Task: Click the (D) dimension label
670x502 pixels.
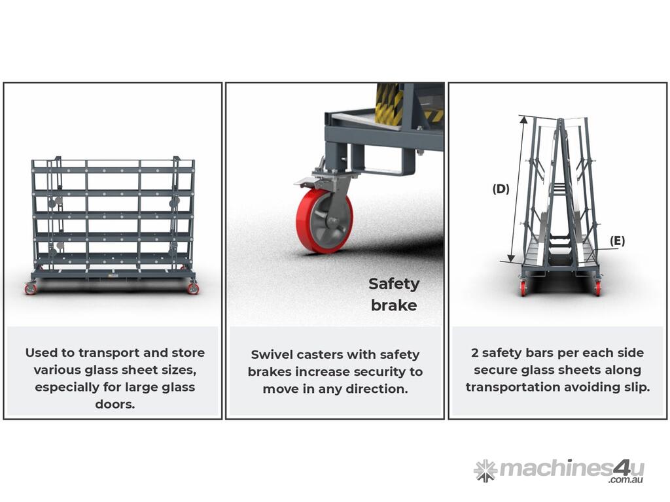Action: (501, 189)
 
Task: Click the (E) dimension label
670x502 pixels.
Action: (617, 241)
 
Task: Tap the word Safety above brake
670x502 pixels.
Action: (394, 284)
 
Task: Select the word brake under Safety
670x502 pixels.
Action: (394, 305)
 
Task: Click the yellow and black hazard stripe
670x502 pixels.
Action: (389, 103)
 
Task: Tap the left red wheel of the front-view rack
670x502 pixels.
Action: (31, 289)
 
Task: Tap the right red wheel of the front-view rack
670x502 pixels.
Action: (193, 288)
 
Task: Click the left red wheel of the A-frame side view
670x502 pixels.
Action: (523, 288)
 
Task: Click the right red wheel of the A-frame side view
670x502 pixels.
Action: (597, 288)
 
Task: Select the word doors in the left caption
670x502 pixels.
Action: (115, 404)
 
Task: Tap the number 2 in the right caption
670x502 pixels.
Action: (475, 353)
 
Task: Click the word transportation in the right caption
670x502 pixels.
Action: (510, 388)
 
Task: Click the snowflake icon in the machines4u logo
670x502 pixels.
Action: (485, 470)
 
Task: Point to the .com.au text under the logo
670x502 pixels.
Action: (626, 480)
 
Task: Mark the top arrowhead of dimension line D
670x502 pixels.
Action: (523, 119)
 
